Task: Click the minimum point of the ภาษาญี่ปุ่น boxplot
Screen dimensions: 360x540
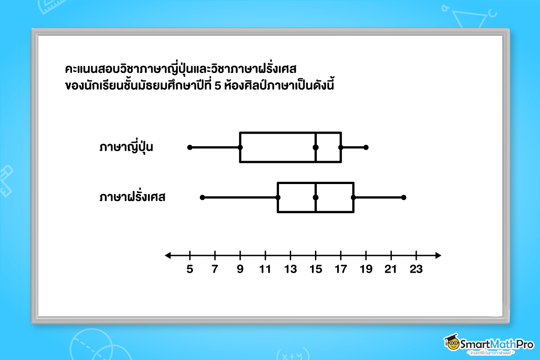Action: point(190,147)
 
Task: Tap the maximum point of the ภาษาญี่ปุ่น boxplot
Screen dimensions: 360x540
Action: point(366,147)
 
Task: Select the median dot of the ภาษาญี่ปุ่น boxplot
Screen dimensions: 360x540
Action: point(315,147)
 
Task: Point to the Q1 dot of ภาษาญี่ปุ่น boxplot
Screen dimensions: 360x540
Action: point(240,147)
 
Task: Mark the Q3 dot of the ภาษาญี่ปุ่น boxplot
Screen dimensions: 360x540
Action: point(341,147)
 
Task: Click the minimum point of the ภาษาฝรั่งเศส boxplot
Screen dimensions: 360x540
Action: point(202,197)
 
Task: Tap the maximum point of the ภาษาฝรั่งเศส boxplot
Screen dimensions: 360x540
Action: point(404,197)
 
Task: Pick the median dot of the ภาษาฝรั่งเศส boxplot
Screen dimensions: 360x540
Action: point(315,197)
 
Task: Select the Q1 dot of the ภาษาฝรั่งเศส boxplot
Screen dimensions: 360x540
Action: point(278,197)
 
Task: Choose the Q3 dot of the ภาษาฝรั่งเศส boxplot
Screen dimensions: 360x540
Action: point(353,197)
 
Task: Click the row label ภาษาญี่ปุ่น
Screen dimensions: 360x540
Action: point(126,147)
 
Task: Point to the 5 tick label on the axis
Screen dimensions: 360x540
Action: point(190,270)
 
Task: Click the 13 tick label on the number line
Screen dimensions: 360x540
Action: point(291,270)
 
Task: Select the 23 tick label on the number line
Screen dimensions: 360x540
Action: point(416,270)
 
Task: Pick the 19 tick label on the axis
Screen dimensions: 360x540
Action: point(366,270)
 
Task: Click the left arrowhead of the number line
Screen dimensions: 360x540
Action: point(168,256)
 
